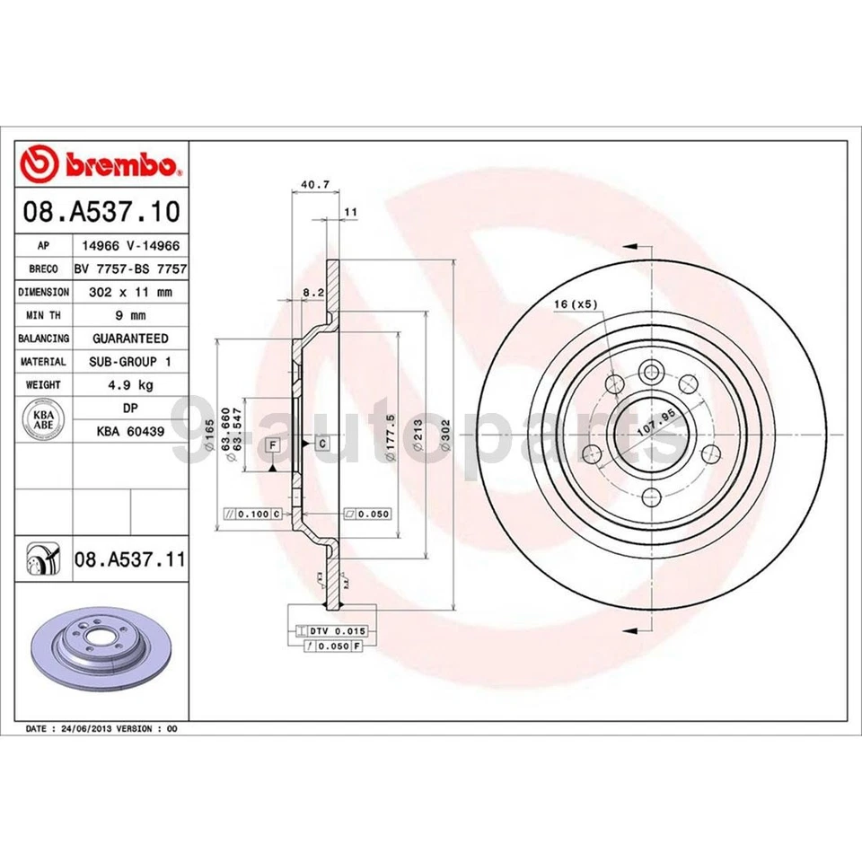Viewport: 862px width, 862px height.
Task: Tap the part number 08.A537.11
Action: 130,560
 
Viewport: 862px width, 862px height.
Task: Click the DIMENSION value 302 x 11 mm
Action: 130,292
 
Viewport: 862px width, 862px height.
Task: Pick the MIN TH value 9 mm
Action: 130,315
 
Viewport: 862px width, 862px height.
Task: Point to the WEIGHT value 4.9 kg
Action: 130,384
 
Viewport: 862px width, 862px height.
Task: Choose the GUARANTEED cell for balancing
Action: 130,339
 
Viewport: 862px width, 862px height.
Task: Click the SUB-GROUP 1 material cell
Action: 130,361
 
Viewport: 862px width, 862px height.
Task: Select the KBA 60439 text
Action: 130,431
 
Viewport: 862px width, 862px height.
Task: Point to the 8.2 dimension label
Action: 312,292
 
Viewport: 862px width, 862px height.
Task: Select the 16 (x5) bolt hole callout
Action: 575,304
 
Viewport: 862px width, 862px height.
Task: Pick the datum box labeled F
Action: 272,444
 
